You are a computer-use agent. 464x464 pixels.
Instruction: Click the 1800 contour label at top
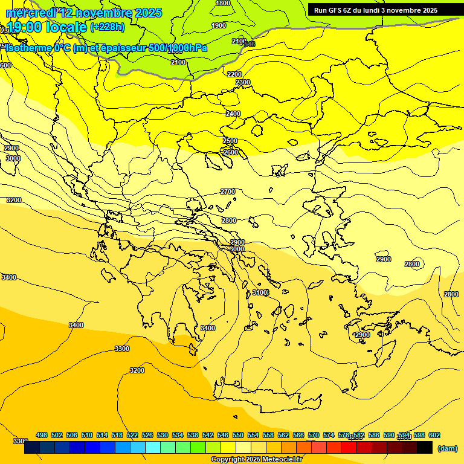223,3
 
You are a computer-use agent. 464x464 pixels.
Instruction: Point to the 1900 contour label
219,25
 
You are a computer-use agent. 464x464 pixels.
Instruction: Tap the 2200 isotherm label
234,74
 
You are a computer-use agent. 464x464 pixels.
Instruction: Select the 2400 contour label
233,114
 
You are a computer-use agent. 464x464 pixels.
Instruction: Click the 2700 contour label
228,192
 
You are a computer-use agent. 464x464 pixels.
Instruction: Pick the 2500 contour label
230,141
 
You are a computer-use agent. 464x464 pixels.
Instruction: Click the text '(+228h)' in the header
108,27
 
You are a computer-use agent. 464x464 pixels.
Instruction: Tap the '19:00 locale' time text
47,27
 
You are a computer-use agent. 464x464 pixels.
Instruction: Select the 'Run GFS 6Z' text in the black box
335,10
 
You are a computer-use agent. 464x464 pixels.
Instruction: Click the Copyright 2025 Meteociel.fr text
257,460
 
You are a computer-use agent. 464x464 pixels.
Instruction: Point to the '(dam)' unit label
447,448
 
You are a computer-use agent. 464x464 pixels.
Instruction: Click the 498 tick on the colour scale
42,435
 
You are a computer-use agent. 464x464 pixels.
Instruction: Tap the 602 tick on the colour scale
434,435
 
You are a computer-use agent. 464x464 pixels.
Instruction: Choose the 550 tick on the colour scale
238,435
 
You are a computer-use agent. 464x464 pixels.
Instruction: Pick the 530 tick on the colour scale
163,435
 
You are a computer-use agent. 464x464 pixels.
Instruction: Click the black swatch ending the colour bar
425,448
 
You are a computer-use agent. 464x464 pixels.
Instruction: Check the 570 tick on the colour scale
314,435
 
